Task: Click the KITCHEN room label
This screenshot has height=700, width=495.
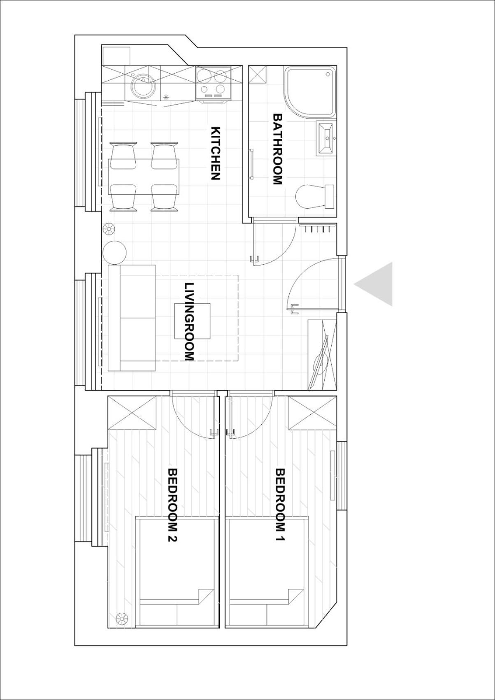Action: click(x=216, y=153)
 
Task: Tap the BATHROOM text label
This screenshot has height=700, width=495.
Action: click(x=278, y=149)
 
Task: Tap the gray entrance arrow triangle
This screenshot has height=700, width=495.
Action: click(x=373, y=284)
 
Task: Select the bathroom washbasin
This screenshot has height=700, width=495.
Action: click(x=325, y=138)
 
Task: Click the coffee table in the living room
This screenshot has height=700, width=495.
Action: click(x=192, y=321)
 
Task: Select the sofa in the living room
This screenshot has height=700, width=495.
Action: click(x=132, y=318)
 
